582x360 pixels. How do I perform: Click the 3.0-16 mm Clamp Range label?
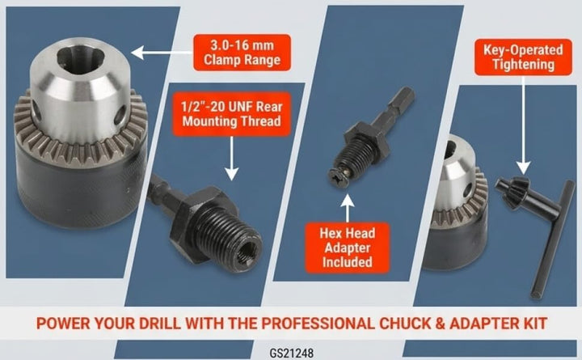pos(242,53)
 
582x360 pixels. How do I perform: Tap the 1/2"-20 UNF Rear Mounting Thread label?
pos(232,114)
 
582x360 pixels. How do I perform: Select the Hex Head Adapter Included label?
pos(348,248)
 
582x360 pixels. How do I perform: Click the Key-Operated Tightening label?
pos(523,57)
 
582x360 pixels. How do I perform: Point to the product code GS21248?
pos(291,353)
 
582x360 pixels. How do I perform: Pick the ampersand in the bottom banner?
pos(440,324)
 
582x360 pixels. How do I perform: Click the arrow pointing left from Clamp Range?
pos(162,53)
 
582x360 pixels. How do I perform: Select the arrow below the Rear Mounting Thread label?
pos(232,159)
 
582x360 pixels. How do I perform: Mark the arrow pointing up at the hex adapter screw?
pos(348,209)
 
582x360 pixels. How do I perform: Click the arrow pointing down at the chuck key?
pos(523,125)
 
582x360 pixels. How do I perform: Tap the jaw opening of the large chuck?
pos(78,59)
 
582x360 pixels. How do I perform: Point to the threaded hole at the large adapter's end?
pos(247,254)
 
